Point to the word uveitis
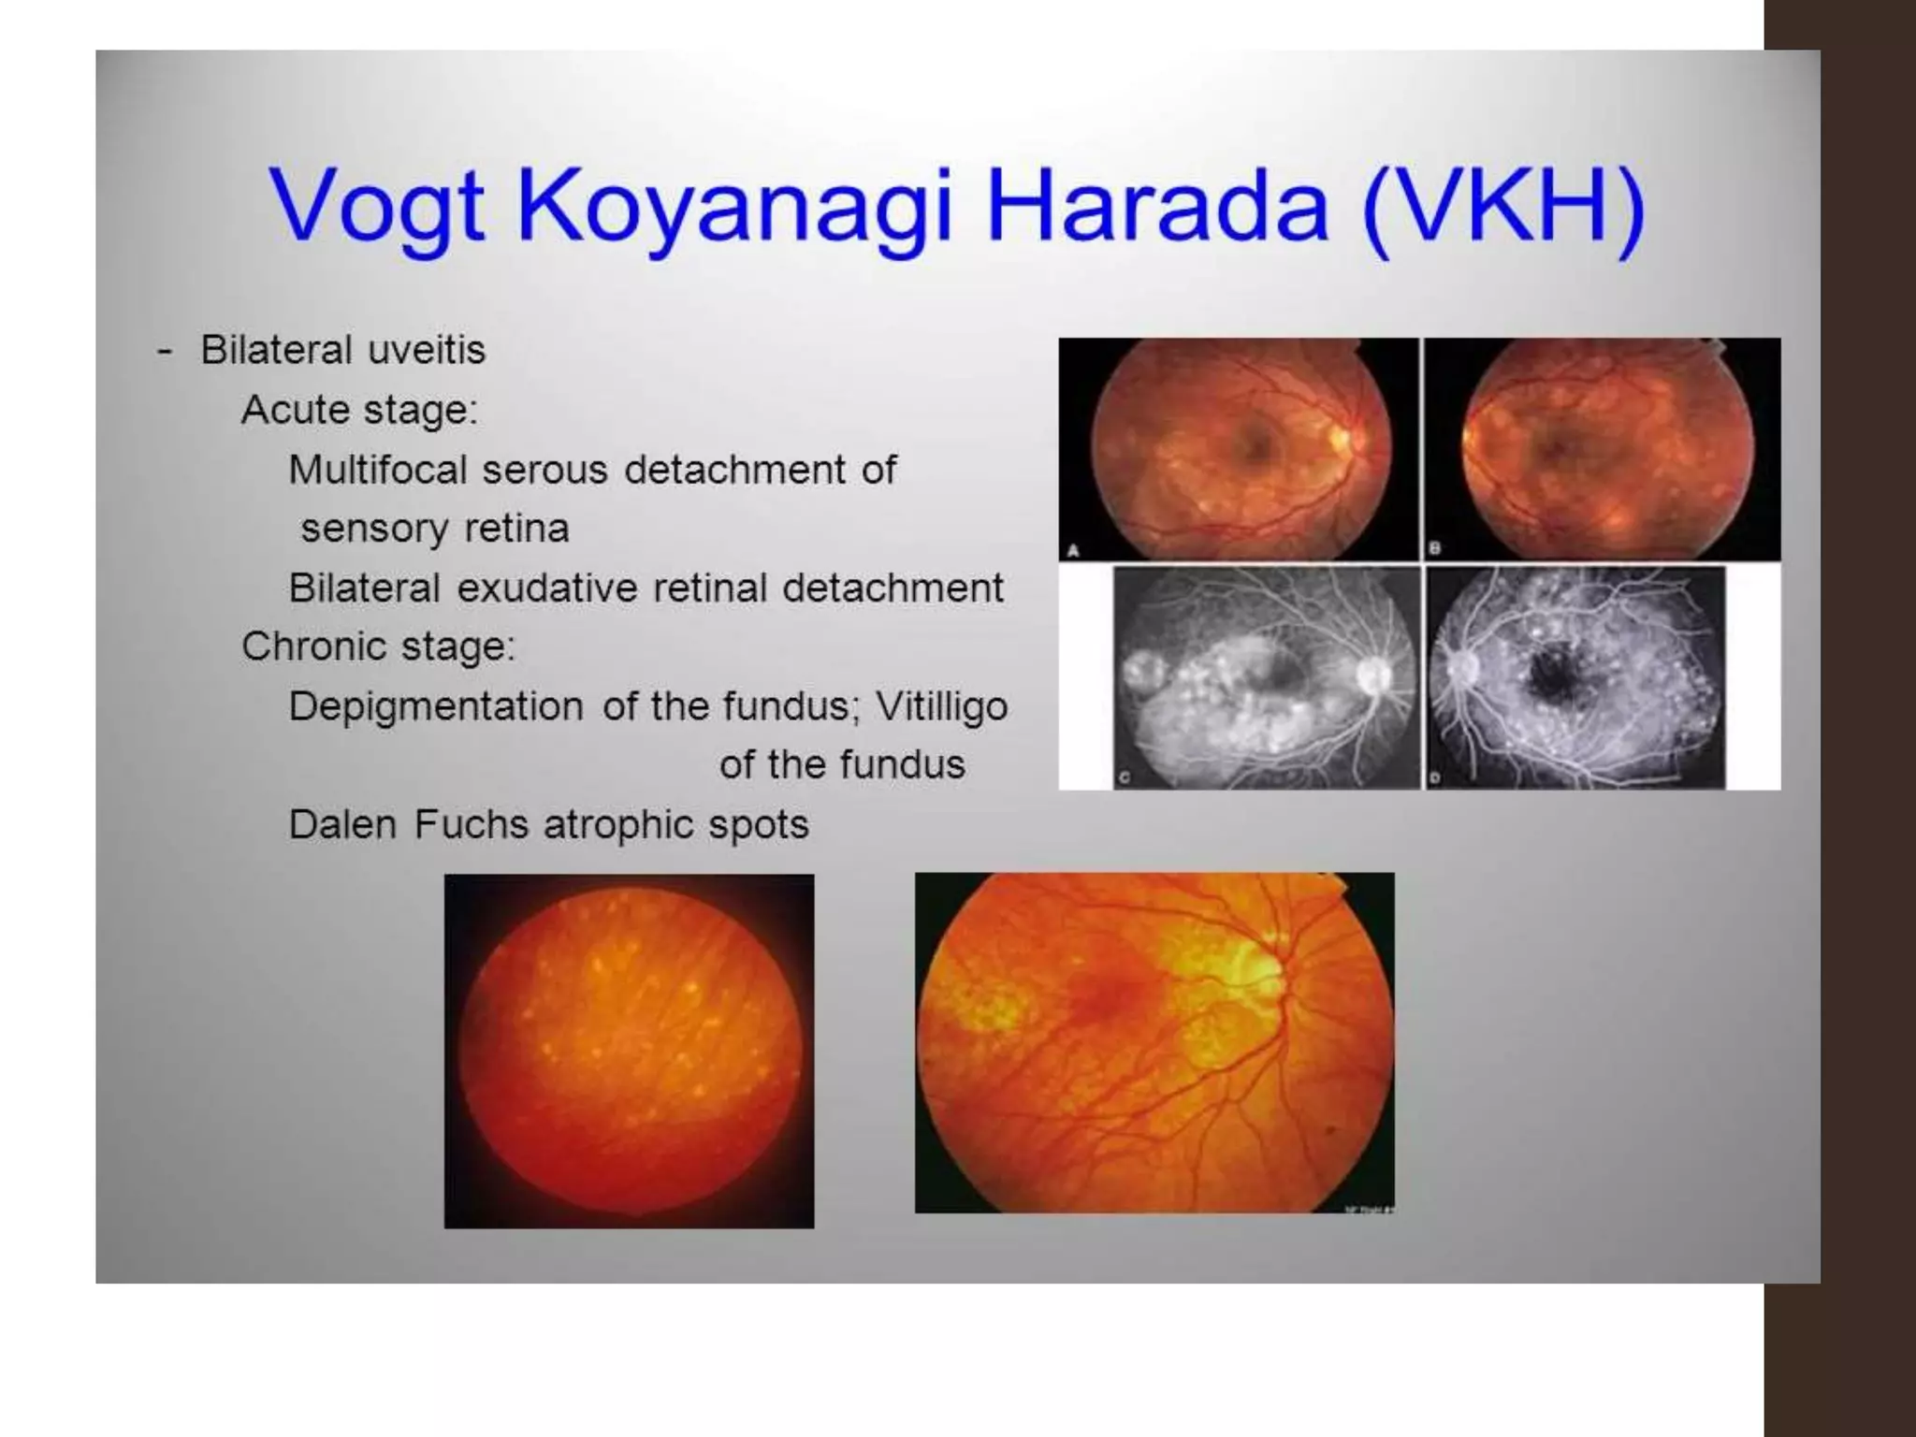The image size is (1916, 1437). pyautogui.click(x=426, y=351)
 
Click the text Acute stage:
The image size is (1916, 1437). pyautogui.click(x=359, y=410)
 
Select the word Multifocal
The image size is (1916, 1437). pyautogui.click(x=377, y=470)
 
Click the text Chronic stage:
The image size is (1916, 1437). pyautogui.click(x=378, y=646)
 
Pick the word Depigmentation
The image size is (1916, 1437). pyautogui.click(x=435, y=706)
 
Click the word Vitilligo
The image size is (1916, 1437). pyautogui.click(x=941, y=706)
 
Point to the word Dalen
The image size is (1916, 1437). pyautogui.click(x=341, y=825)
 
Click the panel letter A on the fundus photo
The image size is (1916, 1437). pyautogui.click(x=1073, y=551)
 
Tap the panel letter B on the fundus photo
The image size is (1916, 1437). pyautogui.click(x=1435, y=550)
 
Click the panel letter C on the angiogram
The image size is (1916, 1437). pyautogui.click(x=1125, y=778)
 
